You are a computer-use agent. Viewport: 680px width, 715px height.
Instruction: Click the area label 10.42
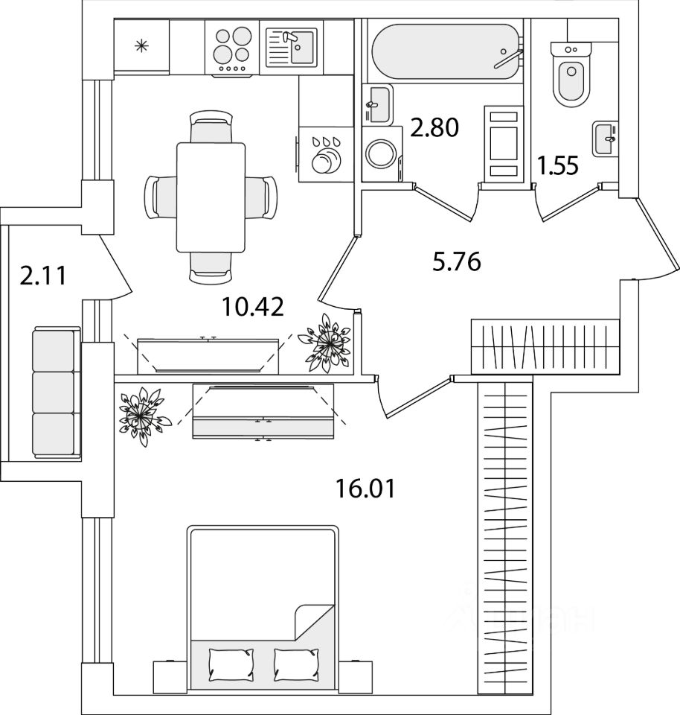[x=253, y=305]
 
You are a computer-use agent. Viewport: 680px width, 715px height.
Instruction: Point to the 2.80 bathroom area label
[x=435, y=128]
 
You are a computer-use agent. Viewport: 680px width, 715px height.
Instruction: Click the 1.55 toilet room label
[x=558, y=165]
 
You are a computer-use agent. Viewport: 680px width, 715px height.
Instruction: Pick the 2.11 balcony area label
[x=44, y=276]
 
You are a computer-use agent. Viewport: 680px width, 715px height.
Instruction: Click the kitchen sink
[x=292, y=47]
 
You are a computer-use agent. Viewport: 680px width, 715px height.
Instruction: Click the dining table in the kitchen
[x=211, y=197]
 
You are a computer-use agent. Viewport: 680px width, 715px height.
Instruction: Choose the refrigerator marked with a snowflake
[x=141, y=46]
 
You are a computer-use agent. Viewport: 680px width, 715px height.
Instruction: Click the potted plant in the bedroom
[x=142, y=411]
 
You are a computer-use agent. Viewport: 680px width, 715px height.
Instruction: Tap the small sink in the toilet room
[x=605, y=139]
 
